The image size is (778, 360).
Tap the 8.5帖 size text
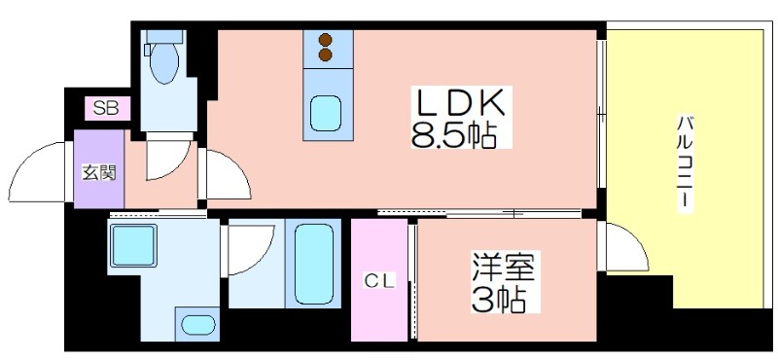pyautogui.click(x=454, y=133)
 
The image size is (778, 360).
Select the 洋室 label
pyautogui.click(x=503, y=268)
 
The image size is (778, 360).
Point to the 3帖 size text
pyautogui.click(x=498, y=299)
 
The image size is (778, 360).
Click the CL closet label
pyautogui.click(x=379, y=282)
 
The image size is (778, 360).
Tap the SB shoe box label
pyautogui.click(x=106, y=108)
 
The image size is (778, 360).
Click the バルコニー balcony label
pyautogui.click(x=686, y=163)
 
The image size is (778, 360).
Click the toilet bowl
pyautogui.click(x=163, y=61)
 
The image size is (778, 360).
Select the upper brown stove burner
pyautogui.click(x=326, y=40)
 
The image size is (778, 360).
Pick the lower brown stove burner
pyautogui.click(x=326, y=54)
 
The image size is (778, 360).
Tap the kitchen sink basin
pyautogui.click(x=326, y=113)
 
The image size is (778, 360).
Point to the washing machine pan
pyautogui.click(x=133, y=245)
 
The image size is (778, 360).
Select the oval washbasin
pyautogui.click(x=197, y=325)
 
